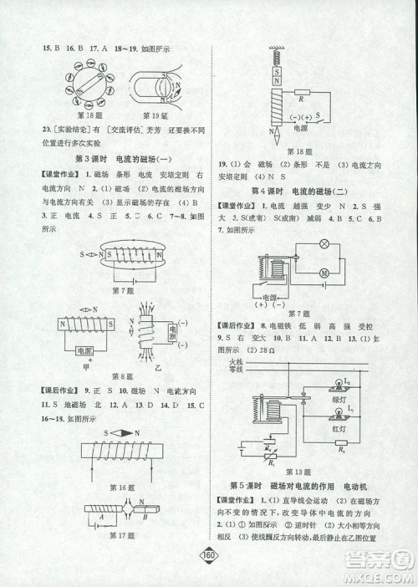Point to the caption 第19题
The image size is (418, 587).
coord(152,114)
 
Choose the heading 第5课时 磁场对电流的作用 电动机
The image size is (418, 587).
coord(308,485)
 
